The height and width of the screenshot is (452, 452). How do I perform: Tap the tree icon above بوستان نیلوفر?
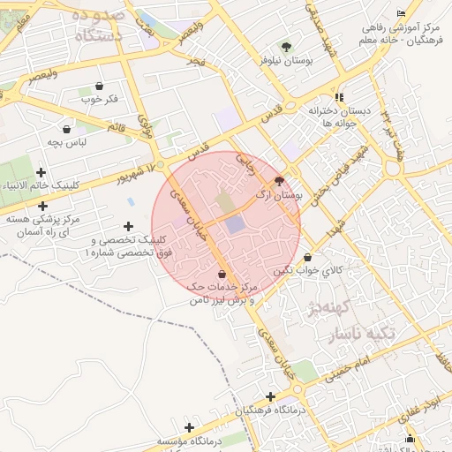(x=284, y=46)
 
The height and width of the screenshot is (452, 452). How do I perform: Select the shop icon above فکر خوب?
(x=98, y=87)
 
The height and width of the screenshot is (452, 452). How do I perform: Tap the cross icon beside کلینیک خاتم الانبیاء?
(x=41, y=184)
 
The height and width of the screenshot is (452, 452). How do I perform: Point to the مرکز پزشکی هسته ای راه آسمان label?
(x=43, y=223)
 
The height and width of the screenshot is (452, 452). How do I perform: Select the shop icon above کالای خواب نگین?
(x=306, y=258)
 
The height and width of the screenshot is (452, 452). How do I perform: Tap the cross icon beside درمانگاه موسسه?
(x=187, y=427)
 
